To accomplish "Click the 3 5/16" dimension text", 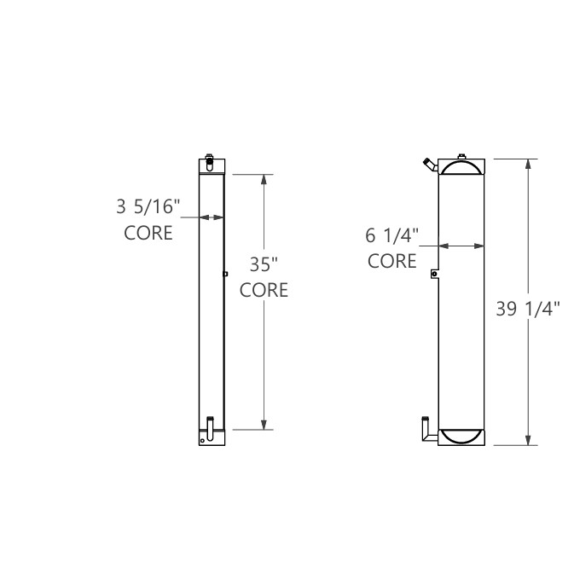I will pos(148,206).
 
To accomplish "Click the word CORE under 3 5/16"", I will pos(148,232).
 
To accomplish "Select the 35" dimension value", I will pos(263,264).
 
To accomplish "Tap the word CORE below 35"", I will pos(263,290).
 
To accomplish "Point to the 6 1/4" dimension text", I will pos(393,235).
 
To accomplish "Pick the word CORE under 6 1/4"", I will pos(392,261).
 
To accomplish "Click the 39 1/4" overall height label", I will pos(527,309).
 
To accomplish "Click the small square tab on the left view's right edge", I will pos(224,274).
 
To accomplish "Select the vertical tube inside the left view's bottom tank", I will pos(209,425).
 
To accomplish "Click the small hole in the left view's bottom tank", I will pos(203,440).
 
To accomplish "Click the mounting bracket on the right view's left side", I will pos(434,274).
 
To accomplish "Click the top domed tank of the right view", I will pos(461,168).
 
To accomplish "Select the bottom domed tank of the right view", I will pos(461,435).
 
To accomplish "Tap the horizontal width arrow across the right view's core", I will pos(461,246).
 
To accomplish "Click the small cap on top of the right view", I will pos(461,156).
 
